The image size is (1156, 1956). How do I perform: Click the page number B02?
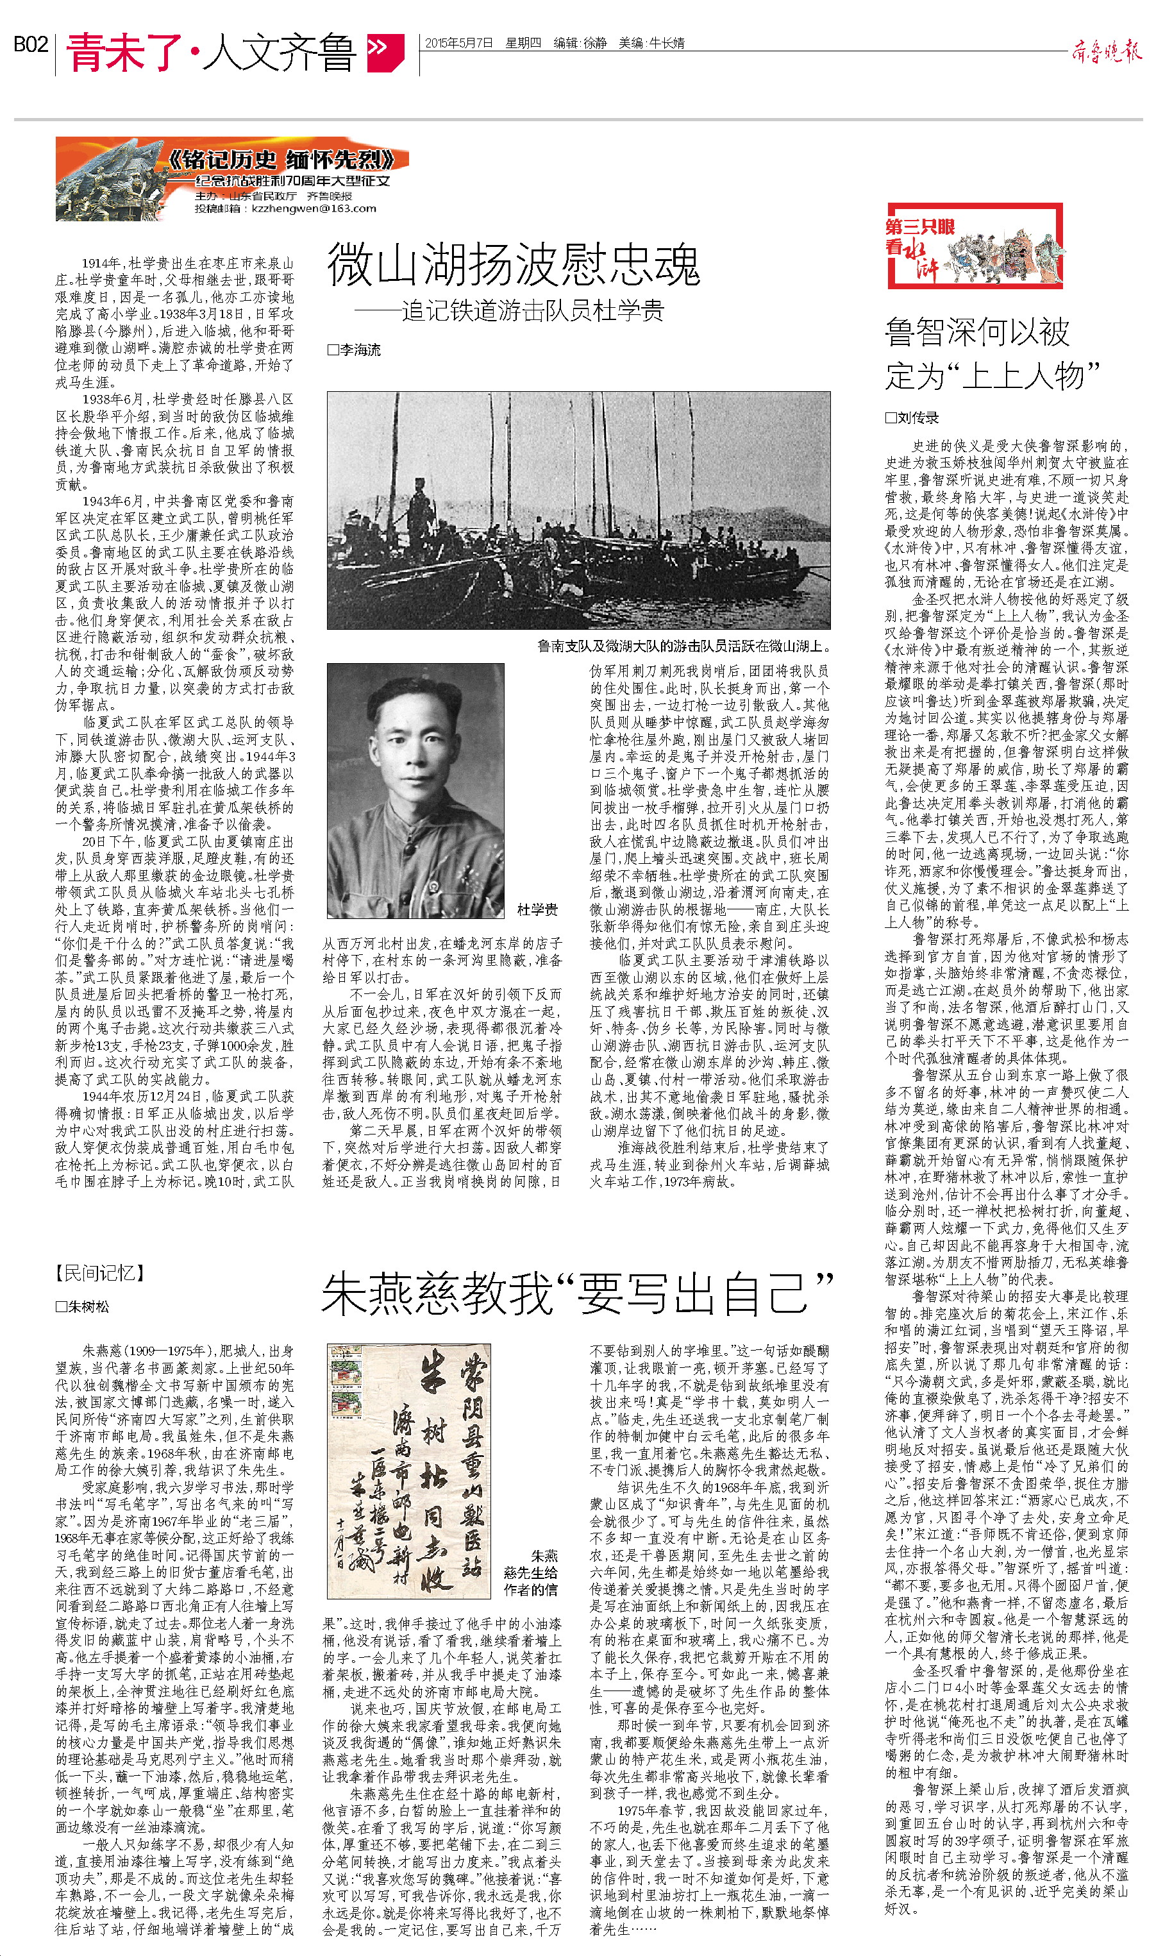pos(31,45)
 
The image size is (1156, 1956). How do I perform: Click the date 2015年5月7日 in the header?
pos(459,44)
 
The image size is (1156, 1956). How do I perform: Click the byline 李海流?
pos(355,351)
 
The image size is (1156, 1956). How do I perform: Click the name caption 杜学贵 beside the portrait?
pos(537,909)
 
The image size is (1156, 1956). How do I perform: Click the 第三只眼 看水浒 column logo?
pos(975,246)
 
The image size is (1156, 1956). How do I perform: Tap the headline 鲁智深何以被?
pos(978,333)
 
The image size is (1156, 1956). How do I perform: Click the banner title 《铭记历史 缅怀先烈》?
pos(289,160)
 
